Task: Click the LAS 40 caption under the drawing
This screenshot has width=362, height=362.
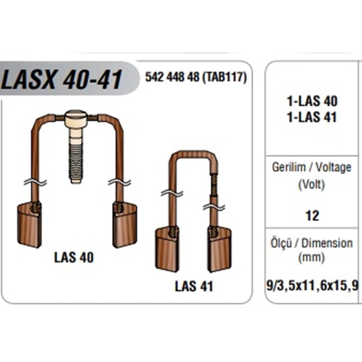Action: (74, 257)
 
